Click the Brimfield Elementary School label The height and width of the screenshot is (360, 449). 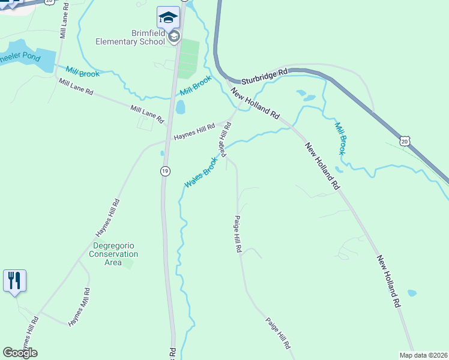pos(131,38)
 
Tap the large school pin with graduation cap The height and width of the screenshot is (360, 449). pos(168,17)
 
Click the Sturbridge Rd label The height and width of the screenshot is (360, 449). pos(265,76)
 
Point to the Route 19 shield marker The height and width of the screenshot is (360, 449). pos(164,172)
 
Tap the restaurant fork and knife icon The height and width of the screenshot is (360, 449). pos(14,281)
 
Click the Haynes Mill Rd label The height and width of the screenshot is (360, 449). pos(79,307)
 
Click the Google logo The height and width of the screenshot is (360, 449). pos(20,353)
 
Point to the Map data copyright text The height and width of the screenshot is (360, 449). pos(423,355)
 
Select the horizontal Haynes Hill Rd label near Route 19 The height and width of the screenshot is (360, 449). pos(194,133)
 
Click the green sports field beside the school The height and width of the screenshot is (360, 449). pos(188,58)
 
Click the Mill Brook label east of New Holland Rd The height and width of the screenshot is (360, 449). pos(340,139)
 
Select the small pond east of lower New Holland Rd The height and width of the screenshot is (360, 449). pos(412,293)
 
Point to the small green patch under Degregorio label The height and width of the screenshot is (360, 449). pos(128,264)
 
